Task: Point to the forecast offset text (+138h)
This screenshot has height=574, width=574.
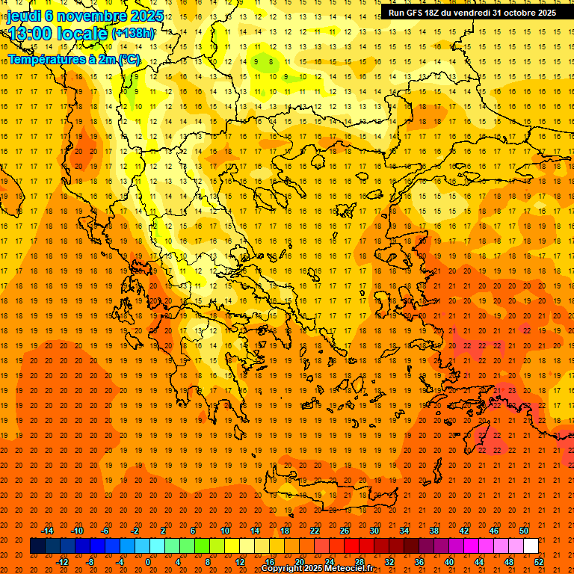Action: [x=133, y=34]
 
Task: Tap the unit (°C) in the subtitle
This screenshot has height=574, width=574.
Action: [x=129, y=59]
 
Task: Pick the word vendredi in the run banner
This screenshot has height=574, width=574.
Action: [x=478, y=13]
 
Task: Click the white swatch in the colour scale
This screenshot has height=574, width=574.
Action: [x=531, y=546]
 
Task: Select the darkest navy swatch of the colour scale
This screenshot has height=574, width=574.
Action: [x=37, y=546]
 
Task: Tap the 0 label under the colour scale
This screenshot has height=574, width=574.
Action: [x=148, y=562]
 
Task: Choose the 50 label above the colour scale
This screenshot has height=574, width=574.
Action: [x=524, y=531]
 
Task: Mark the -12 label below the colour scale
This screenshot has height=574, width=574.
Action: [x=63, y=562]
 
